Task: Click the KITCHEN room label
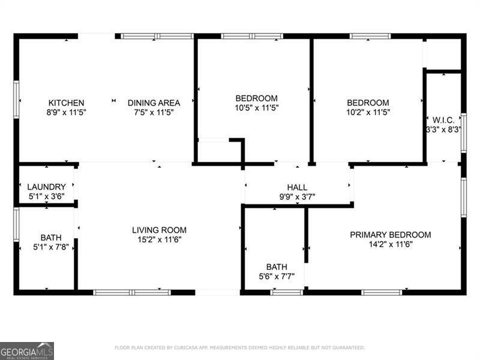click(66, 103)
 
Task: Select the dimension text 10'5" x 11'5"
click(256, 108)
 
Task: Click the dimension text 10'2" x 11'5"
click(368, 112)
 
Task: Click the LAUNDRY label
click(46, 187)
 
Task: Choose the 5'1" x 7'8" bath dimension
click(50, 247)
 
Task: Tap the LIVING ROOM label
click(159, 230)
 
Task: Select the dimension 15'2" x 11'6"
click(159, 239)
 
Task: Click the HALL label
click(297, 187)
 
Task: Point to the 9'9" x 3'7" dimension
click(297, 196)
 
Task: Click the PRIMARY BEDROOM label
click(390, 235)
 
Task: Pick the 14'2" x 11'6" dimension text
click(390, 244)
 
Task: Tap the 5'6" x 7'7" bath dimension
click(277, 276)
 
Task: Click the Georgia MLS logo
click(27, 350)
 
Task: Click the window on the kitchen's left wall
click(16, 100)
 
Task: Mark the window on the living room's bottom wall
click(132, 292)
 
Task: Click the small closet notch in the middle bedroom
click(220, 150)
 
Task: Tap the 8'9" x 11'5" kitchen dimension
click(66, 112)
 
